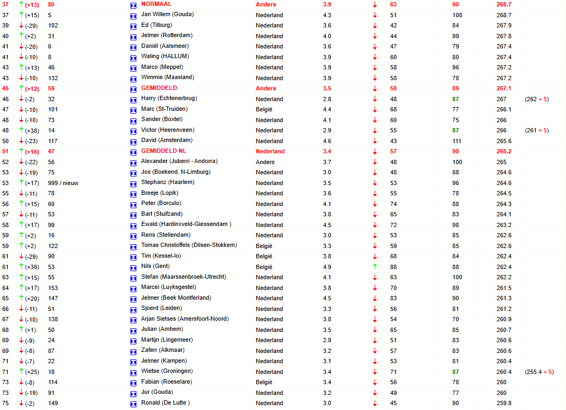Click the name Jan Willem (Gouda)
(x=167, y=15)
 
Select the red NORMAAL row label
(x=156, y=4)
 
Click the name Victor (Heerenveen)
(x=168, y=130)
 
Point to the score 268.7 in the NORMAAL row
(x=503, y=4)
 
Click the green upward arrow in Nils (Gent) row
(x=375, y=266)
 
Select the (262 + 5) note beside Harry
(x=536, y=99)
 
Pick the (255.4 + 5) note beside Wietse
(x=539, y=372)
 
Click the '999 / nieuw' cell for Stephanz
(x=63, y=183)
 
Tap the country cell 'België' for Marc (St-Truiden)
(x=264, y=109)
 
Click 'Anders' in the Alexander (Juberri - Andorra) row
(x=265, y=162)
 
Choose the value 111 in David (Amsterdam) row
(x=457, y=141)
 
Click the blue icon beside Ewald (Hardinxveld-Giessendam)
(x=133, y=225)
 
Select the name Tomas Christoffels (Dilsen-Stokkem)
(x=189, y=245)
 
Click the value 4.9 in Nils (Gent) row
(x=327, y=267)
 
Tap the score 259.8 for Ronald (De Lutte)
(x=504, y=404)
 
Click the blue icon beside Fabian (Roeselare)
(x=133, y=383)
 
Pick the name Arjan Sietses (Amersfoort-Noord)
(x=184, y=319)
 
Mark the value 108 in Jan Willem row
(x=457, y=15)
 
